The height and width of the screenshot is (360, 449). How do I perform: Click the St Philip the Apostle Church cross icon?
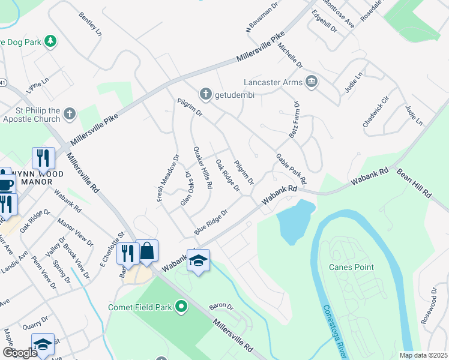coord(70,113)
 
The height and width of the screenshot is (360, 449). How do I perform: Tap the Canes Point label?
coord(351,267)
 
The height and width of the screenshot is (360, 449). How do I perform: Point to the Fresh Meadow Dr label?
coord(168,178)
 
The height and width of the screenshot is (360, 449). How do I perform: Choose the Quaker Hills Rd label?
coord(202,168)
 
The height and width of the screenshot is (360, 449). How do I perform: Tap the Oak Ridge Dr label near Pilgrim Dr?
coord(228,175)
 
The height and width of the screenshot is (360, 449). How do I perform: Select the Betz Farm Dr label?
coord(295,120)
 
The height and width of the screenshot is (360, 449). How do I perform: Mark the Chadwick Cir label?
coord(376,111)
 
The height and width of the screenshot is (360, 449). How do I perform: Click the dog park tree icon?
coord(52,41)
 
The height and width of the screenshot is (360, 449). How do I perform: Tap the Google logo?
coord(19,353)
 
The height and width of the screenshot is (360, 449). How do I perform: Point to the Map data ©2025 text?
coord(423,355)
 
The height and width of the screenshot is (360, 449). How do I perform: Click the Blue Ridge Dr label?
coord(211,221)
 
